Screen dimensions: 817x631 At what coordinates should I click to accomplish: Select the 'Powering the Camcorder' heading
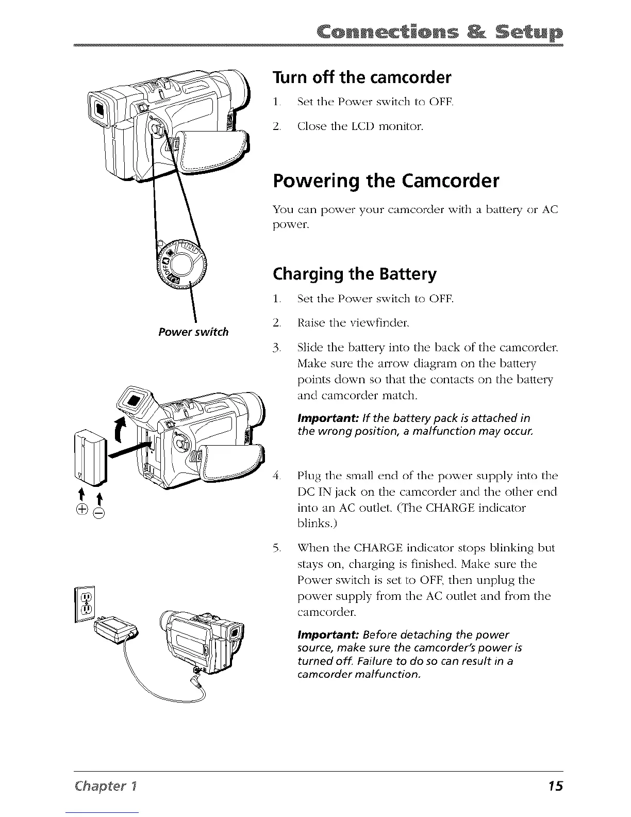pyautogui.click(x=386, y=182)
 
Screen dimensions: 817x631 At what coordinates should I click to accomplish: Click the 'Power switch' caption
pyautogui.click(x=193, y=332)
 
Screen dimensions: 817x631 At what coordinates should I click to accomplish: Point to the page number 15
pyautogui.click(x=556, y=786)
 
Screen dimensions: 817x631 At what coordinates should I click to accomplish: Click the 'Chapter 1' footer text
pyautogui.click(x=99, y=786)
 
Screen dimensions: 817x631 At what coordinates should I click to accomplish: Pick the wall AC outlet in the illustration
pyautogui.click(x=86, y=603)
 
